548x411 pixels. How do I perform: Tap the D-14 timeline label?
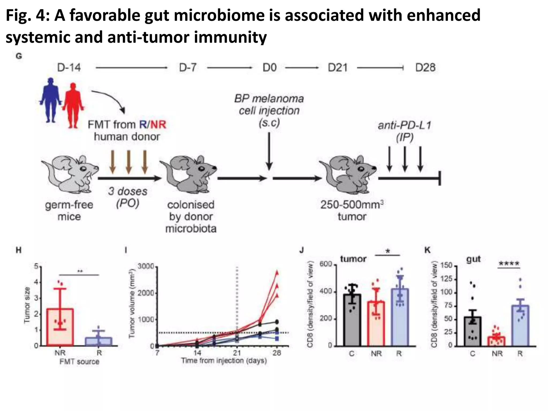point(69,67)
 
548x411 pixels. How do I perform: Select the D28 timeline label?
point(425,67)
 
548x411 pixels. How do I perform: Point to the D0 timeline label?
point(269,67)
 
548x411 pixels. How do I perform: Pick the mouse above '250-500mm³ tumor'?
point(348,174)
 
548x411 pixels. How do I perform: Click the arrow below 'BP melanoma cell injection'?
point(269,151)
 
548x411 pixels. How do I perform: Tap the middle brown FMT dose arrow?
point(129,162)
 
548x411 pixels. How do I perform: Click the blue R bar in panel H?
point(99,341)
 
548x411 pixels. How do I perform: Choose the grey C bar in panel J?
point(352,320)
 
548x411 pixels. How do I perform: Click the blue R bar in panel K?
point(520,326)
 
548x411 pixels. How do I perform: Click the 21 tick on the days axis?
point(237,353)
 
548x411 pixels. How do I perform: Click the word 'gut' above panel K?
point(474,259)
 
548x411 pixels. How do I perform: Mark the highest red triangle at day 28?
point(277,273)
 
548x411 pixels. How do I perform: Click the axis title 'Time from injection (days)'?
point(224,361)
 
